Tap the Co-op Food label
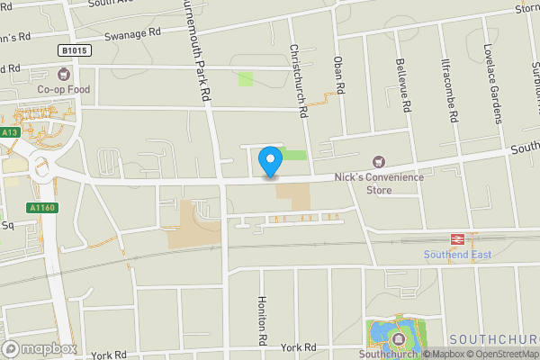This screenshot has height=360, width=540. [65, 90]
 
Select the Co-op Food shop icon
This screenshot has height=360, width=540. [64, 74]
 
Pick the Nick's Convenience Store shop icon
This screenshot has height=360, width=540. [378, 162]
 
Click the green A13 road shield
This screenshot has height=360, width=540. [10, 132]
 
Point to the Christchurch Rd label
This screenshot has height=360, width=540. [298, 79]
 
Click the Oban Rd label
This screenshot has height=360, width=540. [339, 73]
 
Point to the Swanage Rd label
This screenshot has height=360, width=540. [131, 32]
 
